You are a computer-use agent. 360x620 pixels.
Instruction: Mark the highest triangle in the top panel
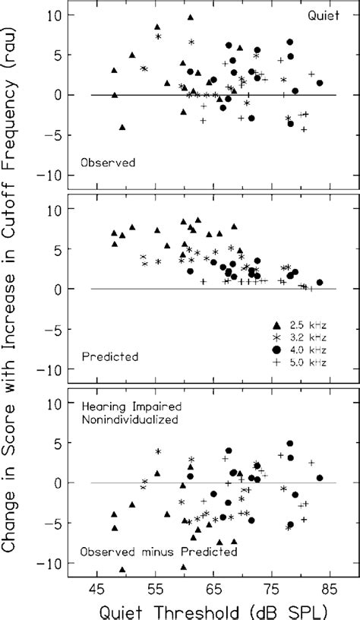pyautogui.click(x=191, y=16)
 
